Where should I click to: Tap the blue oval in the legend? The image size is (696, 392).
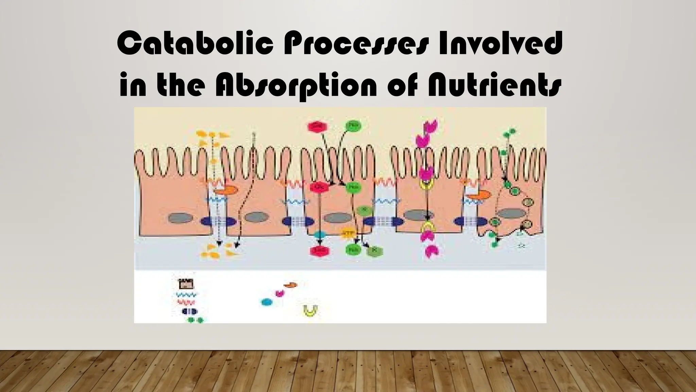coord(266,302)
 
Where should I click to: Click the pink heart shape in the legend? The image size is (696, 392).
coord(279,293)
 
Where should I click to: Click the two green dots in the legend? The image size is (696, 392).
coord(195,320)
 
